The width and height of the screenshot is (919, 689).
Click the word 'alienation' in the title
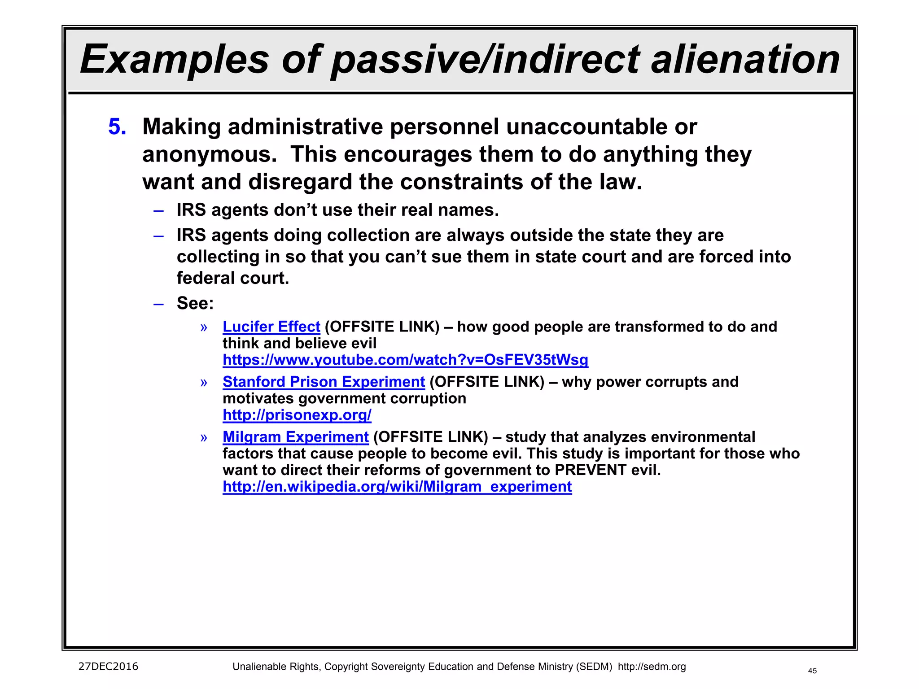pos(745,60)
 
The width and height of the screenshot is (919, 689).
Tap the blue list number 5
pos(117,127)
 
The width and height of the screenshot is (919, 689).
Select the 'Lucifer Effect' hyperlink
pos(271,327)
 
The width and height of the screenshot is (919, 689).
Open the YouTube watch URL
pos(405,360)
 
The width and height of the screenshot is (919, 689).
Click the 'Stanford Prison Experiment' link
pos(324,382)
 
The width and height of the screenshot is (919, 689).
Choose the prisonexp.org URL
pos(297,415)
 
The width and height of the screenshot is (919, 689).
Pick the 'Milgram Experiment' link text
pos(296,437)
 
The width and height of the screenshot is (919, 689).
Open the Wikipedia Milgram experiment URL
pos(397,487)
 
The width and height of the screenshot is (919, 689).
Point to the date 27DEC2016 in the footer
pos(108,667)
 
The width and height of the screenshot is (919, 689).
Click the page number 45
pos(812,671)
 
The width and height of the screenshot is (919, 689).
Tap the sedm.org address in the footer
pos(652,667)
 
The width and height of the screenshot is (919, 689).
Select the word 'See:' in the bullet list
pos(195,303)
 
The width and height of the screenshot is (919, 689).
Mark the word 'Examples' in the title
pos(174,60)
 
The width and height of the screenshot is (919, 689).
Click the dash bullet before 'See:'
pos(158,304)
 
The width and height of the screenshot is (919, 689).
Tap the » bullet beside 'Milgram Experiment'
pos(204,438)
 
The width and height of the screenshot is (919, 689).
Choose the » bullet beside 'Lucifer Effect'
pos(204,327)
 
